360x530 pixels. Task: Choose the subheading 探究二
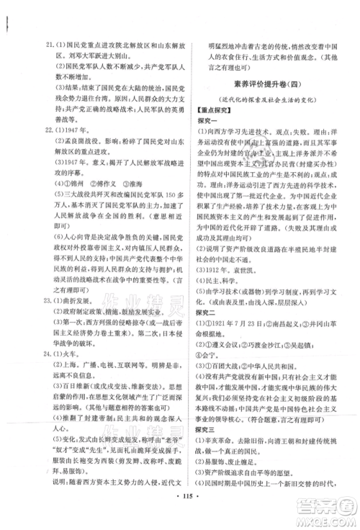tap(207, 293)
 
